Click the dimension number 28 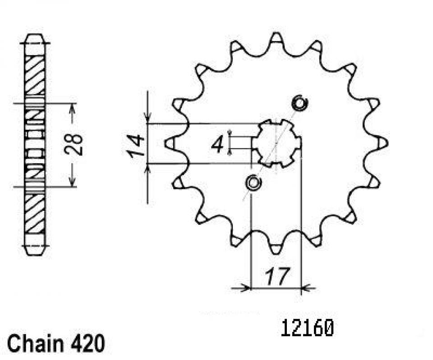coord(74,145)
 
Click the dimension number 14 coord(135,146)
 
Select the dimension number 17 coord(277,276)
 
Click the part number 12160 coord(307,328)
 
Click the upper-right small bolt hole coord(299,103)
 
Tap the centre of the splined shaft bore coord(277,143)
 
